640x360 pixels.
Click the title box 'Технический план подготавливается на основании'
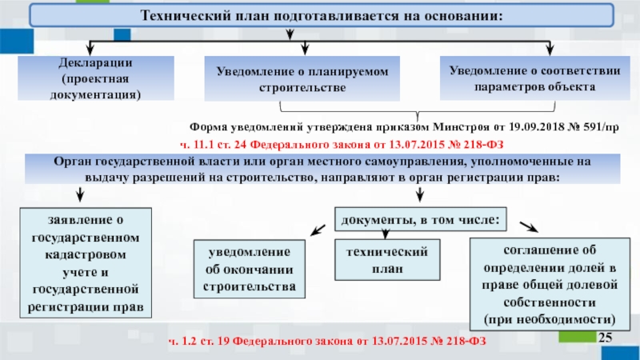pos(320,16)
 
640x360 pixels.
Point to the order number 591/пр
pos(598,127)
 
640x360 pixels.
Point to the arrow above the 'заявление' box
pos(81,194)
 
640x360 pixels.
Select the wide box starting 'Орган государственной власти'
pos(320,169)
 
